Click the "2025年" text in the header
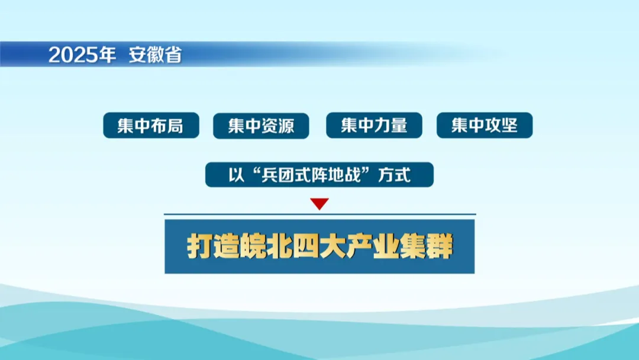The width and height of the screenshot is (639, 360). (82, 54)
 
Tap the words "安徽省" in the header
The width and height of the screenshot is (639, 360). (155, 55)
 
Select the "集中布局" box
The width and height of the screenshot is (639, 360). (151, 125)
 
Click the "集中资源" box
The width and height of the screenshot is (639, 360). (261, 126)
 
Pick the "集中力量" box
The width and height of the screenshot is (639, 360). (374, 125)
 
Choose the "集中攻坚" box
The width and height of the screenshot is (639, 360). (485, 125)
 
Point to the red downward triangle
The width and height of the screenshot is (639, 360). (319, 204)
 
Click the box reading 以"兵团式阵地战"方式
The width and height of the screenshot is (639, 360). (319, 175)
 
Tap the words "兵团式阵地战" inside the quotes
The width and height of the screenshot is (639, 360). (311, 175)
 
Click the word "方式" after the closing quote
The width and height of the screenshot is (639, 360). (394, 175)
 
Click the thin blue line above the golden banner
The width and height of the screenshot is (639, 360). (320, 214)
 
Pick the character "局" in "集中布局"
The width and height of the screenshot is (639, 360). (175, 126)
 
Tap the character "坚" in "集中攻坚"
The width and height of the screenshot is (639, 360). (509, 125)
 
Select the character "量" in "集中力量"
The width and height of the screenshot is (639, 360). (399, 125)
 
